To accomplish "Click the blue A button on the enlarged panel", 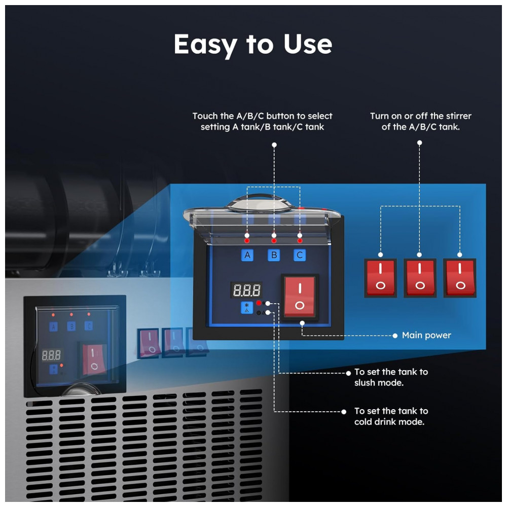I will (247, 255).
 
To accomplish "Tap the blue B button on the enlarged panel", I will (274, 255).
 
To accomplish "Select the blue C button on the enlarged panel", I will (300, 255).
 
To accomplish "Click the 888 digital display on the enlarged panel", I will (247, 291).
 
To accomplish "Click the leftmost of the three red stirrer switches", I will (380, 278).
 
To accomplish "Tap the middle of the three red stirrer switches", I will (420, 278).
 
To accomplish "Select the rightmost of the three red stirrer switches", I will (459, 278).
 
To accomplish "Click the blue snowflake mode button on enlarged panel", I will (246, 308).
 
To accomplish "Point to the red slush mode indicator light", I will (259, 303).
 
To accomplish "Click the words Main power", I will (426, 335).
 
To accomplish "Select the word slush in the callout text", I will (367, 383).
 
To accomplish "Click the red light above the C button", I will (300, 235).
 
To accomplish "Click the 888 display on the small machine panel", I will (52, 354).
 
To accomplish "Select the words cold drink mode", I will (389, 422).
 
